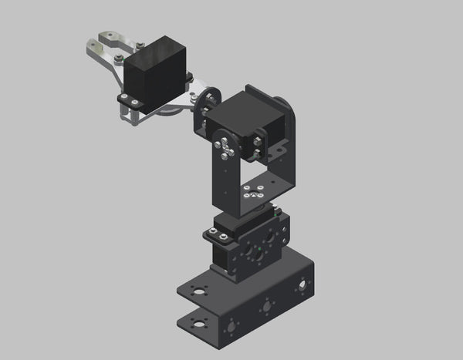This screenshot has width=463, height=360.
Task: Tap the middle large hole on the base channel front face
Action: coord(266,306)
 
